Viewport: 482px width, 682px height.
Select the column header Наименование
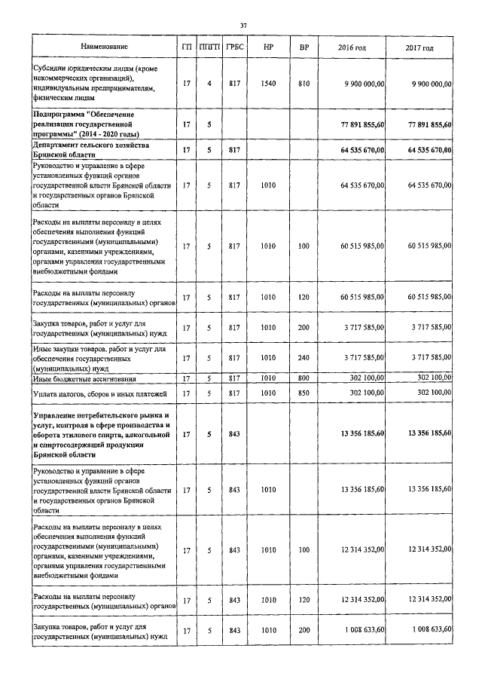pos(104,47)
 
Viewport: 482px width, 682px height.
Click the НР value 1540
pos(268,83)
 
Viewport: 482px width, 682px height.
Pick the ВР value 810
pos(304,83)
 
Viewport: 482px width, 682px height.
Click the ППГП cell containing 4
pos(209,83)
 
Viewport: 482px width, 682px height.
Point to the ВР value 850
pos(304,393)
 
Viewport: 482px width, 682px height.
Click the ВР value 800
pos(304,378)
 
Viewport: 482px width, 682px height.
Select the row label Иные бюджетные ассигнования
pos(84,378)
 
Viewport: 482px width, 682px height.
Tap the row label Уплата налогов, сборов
pos(95,393)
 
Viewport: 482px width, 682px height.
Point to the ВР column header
pos(304,47)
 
